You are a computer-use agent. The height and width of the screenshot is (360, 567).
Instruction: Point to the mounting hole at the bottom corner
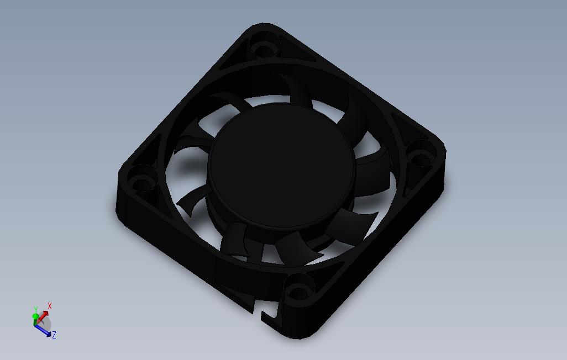[x=300, y=287]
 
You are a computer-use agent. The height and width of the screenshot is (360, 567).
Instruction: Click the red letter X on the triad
[x=50, y=306]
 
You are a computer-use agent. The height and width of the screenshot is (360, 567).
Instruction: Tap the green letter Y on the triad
[x=36, y=309]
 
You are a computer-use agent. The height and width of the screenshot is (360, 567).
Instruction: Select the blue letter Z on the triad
[x=54, y=335]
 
